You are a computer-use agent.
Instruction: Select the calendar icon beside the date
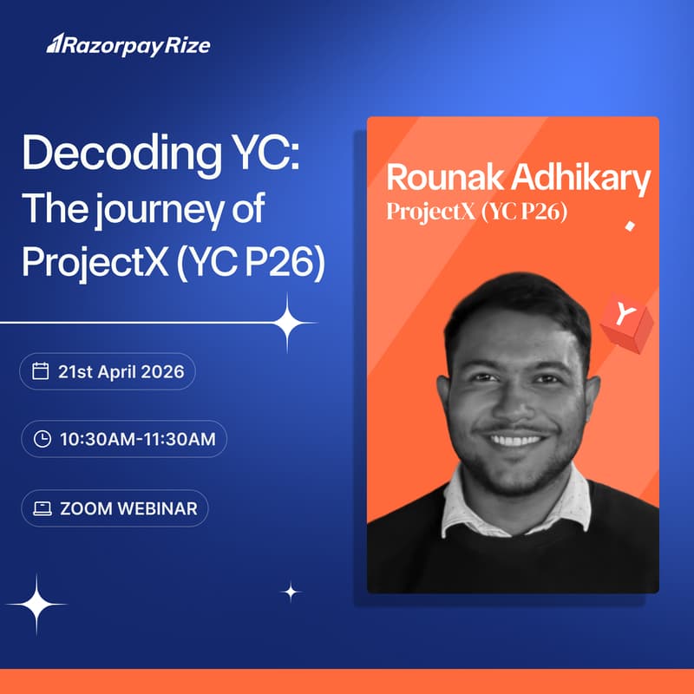(x=40, y=372)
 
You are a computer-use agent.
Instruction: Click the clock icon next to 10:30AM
(x=42, y=439)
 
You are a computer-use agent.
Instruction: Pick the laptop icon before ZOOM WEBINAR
(x=42, y=508)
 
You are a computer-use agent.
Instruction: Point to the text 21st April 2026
(x=121, y=372)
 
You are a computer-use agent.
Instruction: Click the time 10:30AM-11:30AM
(x=137, y=439)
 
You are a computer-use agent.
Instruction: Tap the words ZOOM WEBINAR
(x=128, y=508)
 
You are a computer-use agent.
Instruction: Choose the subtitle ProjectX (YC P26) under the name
(x=477, y=212)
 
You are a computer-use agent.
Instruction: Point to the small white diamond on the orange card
(x=629, y=226)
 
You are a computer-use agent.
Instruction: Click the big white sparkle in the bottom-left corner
(x=36, y=604)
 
